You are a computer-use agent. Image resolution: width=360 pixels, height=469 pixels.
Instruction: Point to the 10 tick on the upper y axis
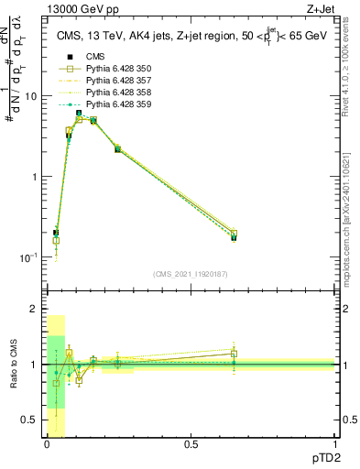pyautogui.click(x=30, y=96)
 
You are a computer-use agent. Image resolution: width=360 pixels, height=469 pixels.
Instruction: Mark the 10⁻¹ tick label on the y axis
pyautogui.click(x=28, y=257)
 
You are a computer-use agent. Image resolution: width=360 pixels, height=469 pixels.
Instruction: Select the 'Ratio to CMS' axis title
pyautogui.click(x=13, y=365)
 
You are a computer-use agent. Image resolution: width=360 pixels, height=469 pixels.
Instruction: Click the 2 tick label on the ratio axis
pyautogui.click(x=34, y=310)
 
